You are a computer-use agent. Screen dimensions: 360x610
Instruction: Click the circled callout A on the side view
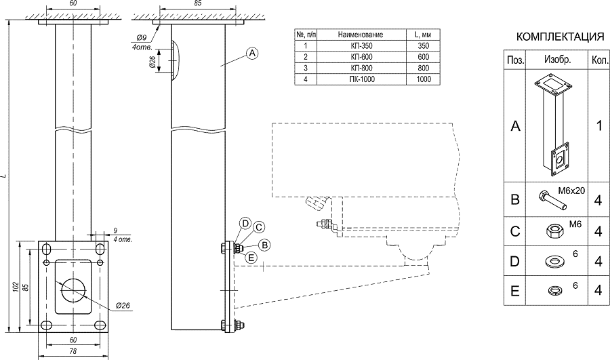click(x=252, y=53)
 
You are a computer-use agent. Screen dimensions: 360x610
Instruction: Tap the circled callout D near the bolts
click(x=245, y=223)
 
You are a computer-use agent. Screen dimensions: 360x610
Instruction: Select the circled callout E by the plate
click(x=251, y=257)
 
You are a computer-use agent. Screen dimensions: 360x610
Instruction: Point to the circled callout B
click(x=265, y=244)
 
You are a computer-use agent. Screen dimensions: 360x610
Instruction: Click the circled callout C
click(x=258, y=228)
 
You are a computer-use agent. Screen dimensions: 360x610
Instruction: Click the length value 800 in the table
click(x=424, y=68)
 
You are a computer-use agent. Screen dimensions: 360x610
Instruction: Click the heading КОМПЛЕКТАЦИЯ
click(x=560, y=37)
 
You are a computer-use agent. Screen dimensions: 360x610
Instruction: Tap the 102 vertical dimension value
click(x=16, y=287)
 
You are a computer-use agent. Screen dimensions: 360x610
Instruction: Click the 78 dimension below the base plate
click(x=73, y=351)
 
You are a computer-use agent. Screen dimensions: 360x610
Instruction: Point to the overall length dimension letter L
click(x=4, y=178)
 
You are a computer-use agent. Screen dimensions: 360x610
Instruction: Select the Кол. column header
click(x=599, y=60)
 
